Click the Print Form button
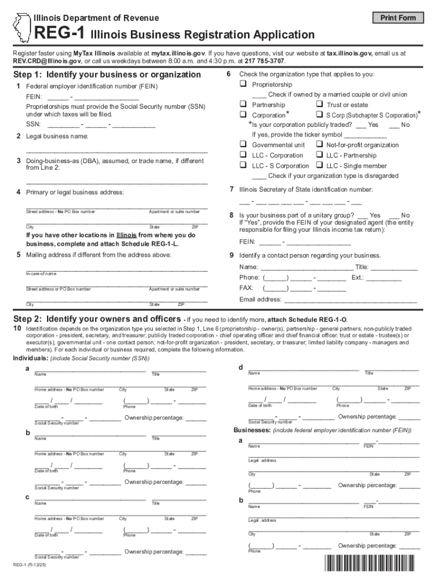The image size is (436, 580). coord(398,18)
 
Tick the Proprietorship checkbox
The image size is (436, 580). coord(242,84)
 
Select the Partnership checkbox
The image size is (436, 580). coord(242,105)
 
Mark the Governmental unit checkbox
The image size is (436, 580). coord(242,145)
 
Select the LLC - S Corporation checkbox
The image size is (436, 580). coord(242,165)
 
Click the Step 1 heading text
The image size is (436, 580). coord(107,75)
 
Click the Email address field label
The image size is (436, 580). coord(260,299)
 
